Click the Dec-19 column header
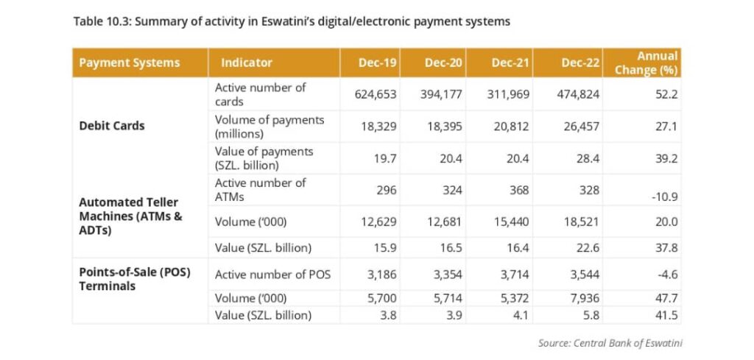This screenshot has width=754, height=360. point(378,63)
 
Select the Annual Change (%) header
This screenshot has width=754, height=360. point(646,63)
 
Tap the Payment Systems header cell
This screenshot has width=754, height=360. point(130,63)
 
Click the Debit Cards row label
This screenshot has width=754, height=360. point(112,126)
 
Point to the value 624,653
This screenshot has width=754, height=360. point(376,94)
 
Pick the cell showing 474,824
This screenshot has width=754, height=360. point(579,94)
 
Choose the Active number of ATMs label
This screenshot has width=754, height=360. point(260,190)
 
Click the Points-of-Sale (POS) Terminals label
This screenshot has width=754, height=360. point(135,279)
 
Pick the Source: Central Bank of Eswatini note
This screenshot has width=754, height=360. point(610,343)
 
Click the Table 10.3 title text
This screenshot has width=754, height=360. point(292,22)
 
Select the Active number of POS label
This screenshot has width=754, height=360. point(272,275)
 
